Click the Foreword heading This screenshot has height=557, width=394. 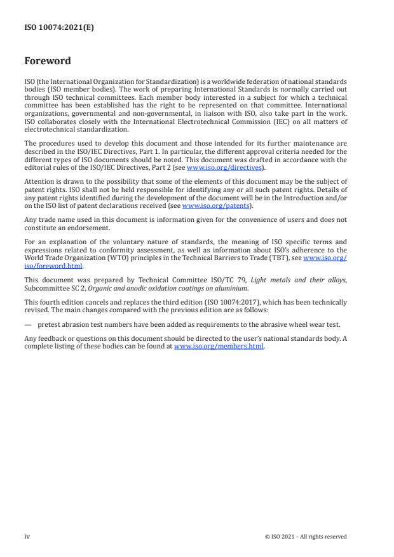click(x=48, y=62)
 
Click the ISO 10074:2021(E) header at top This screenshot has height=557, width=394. click(x=59, y=27)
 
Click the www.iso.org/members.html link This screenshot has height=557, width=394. click(x=219, y=347)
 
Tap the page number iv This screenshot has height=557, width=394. click(x=27, y=537)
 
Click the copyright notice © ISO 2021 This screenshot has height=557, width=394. click(x=306, y=537)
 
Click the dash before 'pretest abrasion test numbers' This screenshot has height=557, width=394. click(x=28, y=324)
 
